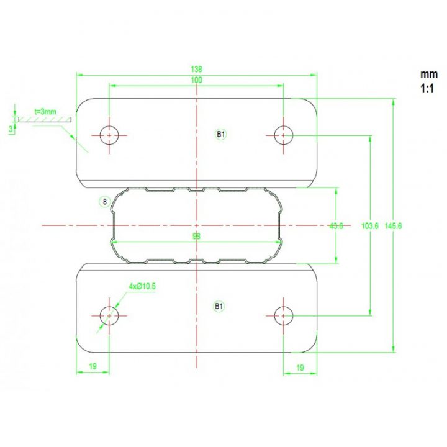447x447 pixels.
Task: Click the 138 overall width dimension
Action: (x=197, y=70)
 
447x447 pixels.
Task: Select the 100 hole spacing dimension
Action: (x=197, y=80)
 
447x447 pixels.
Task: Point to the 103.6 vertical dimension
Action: (x=369, y=226)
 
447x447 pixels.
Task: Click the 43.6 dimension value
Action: (x=336, y=226)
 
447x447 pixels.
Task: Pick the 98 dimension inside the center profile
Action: (x=197, y=237)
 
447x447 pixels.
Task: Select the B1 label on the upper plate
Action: (x=220, y=133)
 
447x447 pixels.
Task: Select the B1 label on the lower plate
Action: (x=219, y=306)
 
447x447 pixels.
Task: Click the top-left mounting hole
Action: (x=110, y=134)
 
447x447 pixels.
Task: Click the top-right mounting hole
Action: (x=284, y=134)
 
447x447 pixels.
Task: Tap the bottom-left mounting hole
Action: (x=110, y=315)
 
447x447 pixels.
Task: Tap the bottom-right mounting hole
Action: (x=284, y=315)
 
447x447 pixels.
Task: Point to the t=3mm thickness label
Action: (x=45, y=112)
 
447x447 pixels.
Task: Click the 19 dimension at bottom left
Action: (x=93, y=368)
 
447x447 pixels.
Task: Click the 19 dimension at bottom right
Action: (x=300, y=368)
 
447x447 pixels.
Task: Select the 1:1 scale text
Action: (x=427, y=89)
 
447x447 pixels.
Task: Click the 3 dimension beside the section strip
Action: (x=10, y=129)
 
